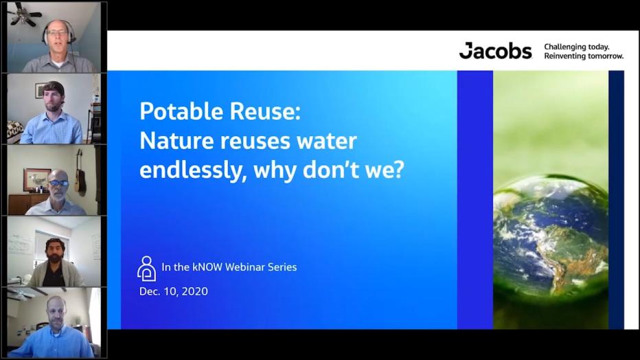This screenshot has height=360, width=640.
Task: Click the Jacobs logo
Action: coord(495,51)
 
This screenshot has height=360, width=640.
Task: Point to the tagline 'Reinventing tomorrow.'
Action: coord(584,56)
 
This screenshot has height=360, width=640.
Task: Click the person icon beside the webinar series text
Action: coord(146,268)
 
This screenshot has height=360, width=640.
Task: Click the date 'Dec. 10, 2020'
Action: coord(173,291)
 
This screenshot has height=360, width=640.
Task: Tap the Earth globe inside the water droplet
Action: coord(550,234)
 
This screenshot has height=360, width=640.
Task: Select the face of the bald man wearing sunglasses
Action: coord(58,184)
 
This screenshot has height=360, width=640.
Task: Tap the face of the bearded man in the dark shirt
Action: coord(56,251)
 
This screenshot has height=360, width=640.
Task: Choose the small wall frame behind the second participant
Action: coord(41,91)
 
